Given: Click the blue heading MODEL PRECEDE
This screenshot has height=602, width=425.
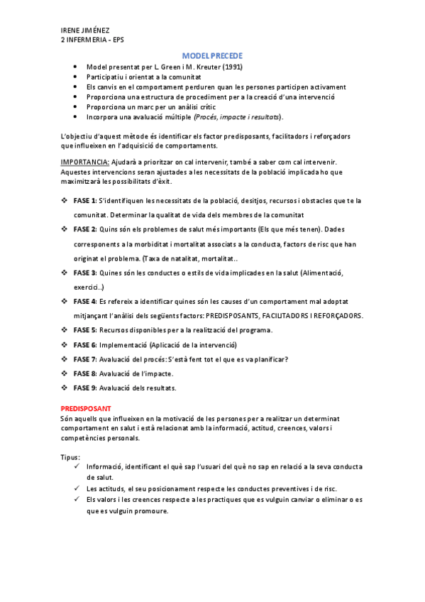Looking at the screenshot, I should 212,55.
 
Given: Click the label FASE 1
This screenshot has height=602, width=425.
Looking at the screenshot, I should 85,200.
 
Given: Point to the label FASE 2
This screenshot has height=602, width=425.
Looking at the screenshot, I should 85,229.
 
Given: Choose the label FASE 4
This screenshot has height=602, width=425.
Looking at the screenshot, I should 85,301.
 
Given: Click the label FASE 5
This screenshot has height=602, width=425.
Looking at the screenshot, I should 85,330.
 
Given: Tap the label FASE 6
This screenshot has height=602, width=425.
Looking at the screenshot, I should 85,344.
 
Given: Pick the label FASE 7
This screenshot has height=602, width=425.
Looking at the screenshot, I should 85,359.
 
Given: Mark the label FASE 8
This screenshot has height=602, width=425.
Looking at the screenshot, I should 85,373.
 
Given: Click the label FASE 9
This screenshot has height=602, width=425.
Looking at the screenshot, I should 85,388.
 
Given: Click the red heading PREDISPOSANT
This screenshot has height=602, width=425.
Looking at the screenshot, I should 86,410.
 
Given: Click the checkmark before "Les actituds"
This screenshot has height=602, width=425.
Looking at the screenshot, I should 76,488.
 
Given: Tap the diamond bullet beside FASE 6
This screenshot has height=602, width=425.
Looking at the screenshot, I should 65,344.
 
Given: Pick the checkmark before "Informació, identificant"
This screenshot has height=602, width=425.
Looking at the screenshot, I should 76,466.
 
